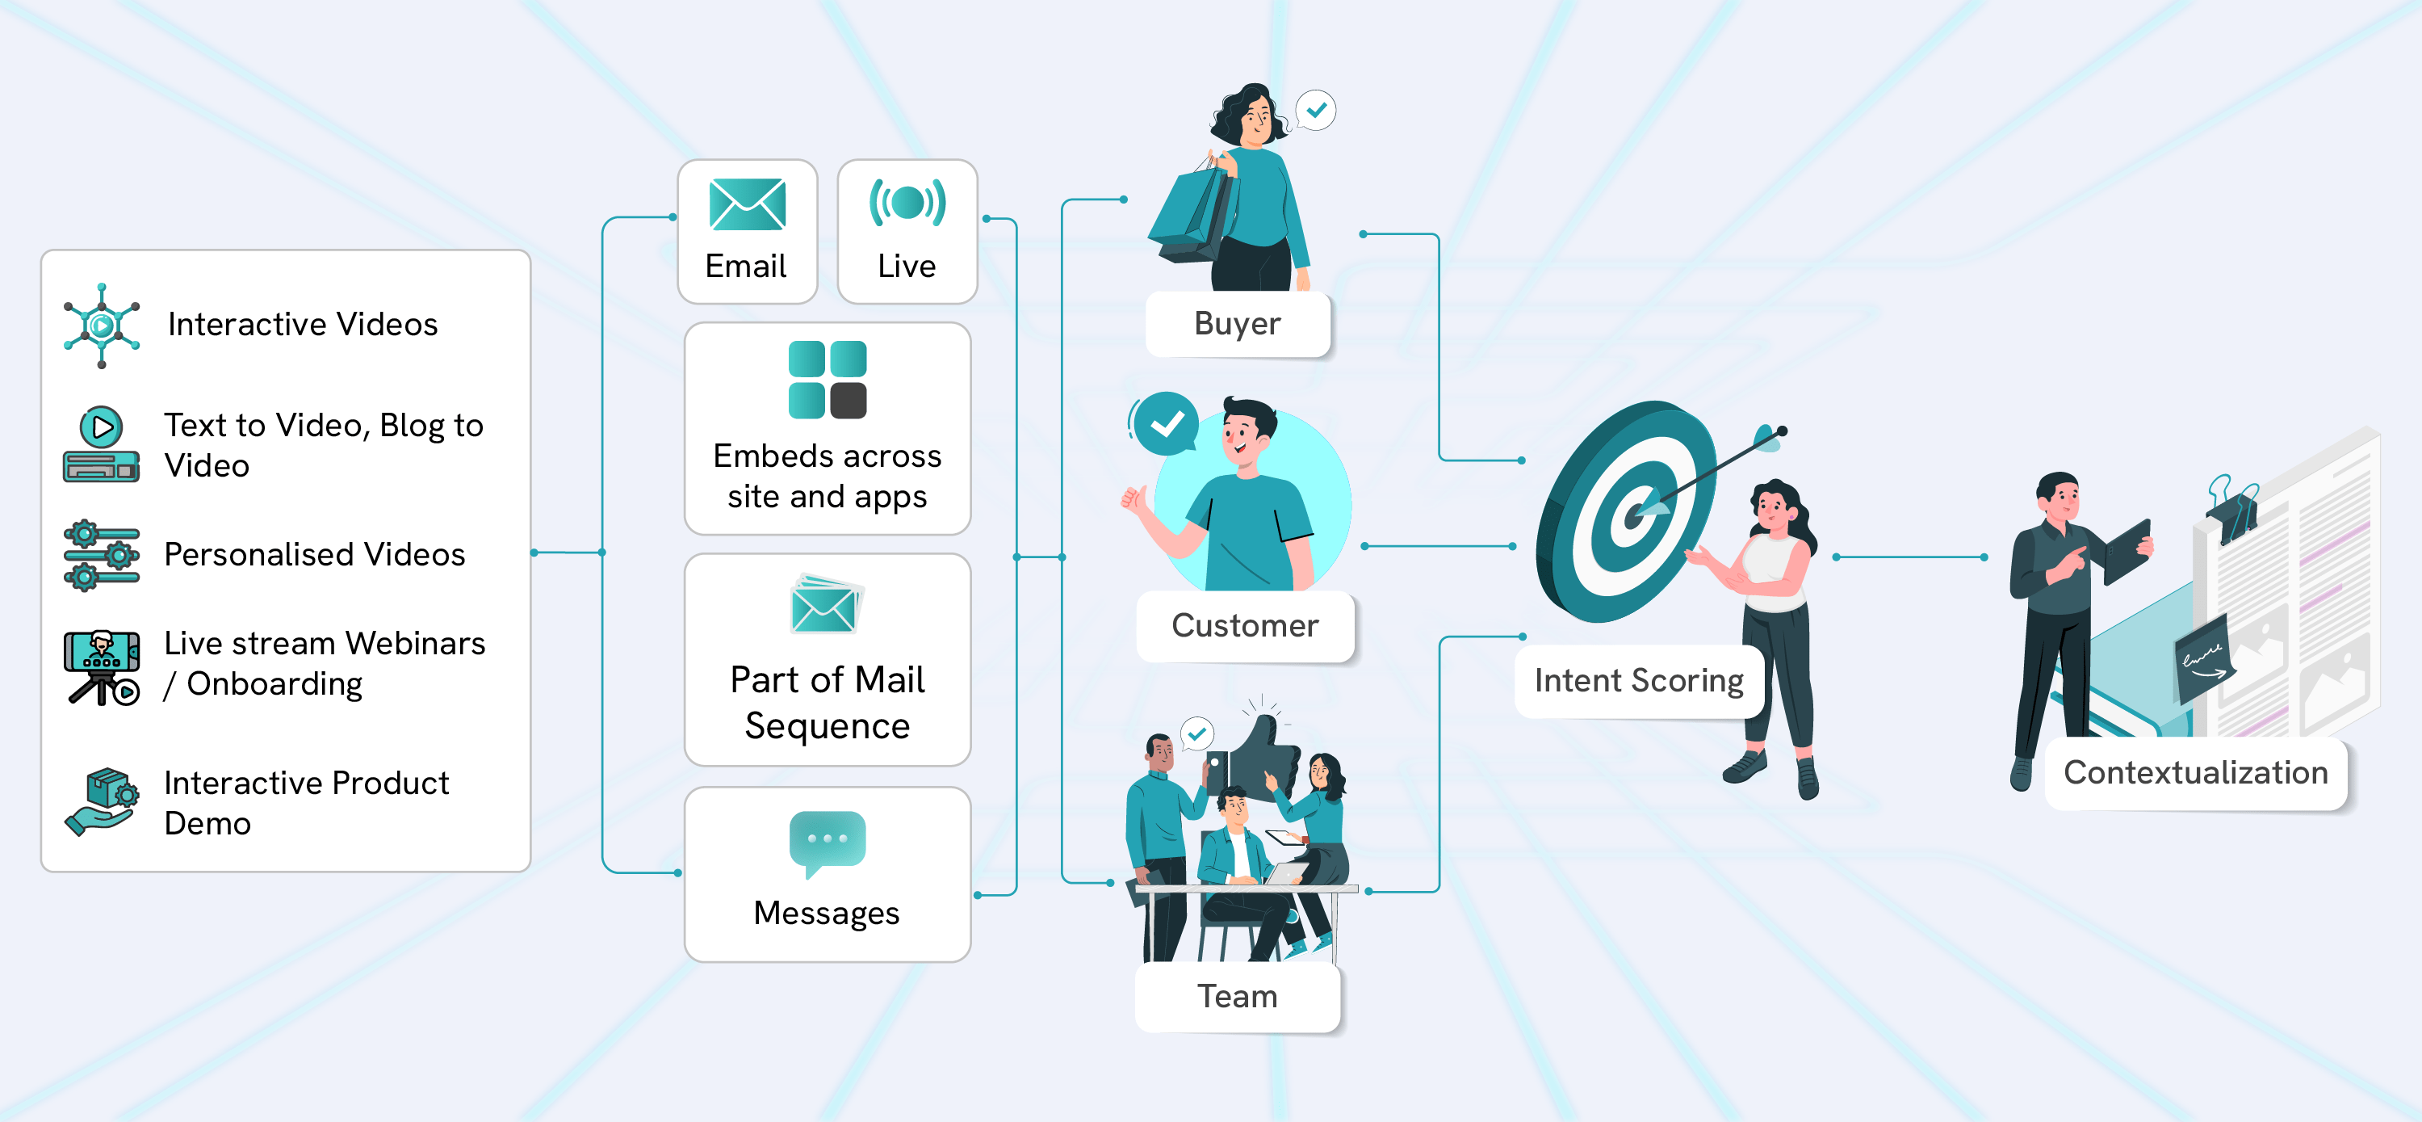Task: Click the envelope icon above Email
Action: (748, 204)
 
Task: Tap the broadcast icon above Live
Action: (907, 202)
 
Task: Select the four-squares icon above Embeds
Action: (828, 379)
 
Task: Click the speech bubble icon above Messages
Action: (828, 841)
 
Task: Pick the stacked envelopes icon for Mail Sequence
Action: (827, 605)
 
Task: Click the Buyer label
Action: (1238, 324)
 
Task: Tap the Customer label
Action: (1245, 625)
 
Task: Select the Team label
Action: (1238, 996)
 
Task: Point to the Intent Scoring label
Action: (1639, 680)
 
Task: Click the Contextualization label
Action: (2195, 772)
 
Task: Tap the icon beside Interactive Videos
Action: (102, 326)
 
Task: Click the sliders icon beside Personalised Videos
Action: (102, 555)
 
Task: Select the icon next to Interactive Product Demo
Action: (102, 802)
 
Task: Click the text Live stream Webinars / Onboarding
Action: (325, 663)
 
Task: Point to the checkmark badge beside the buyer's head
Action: (1316, 110)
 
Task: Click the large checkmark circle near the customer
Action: (1166, 424)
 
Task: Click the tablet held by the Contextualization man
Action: (2127, 549)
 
